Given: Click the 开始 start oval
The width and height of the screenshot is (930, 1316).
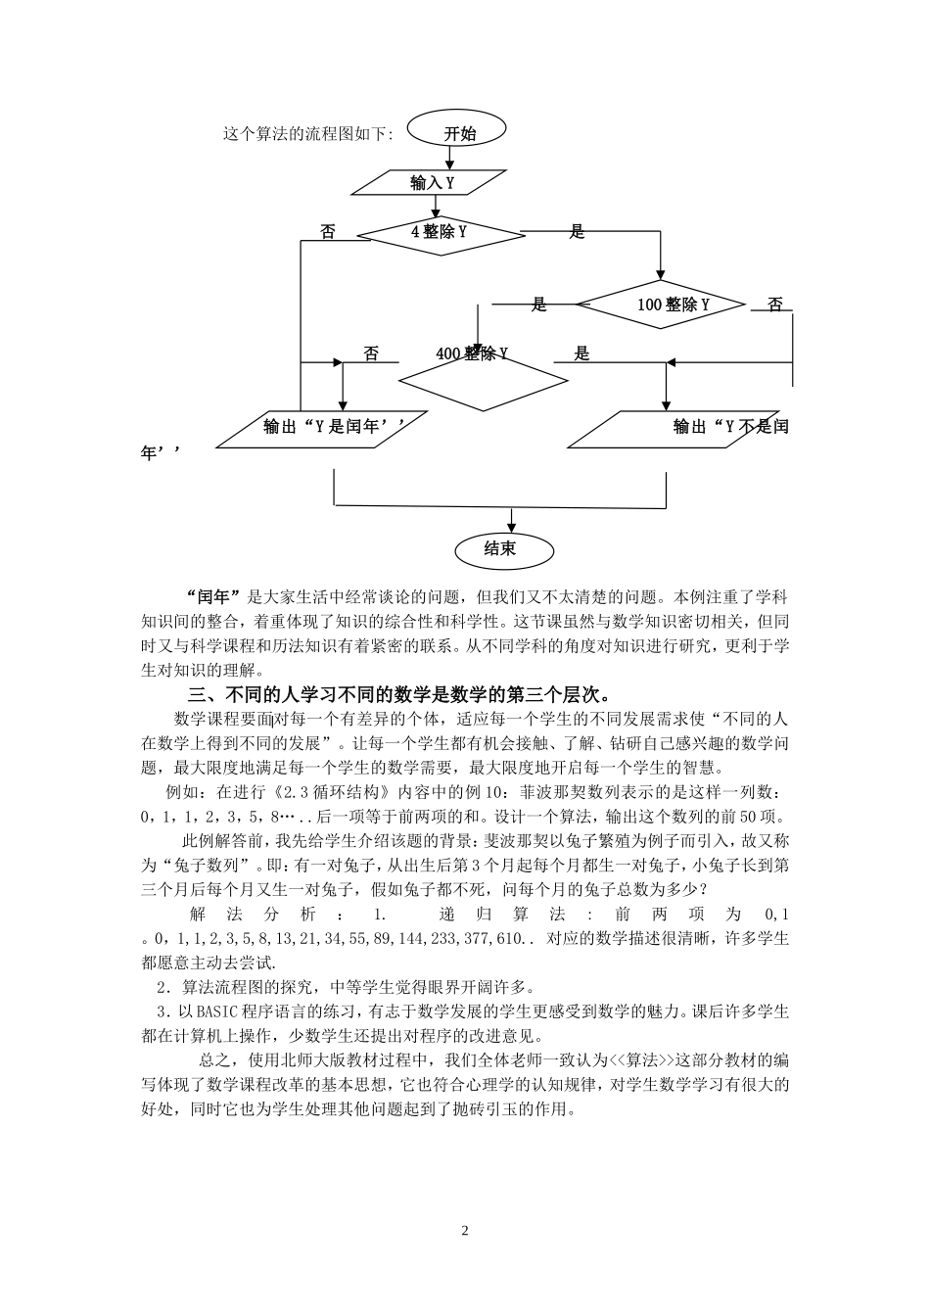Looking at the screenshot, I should click(458, 133).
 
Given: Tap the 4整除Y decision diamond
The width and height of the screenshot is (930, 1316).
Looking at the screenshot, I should click(440, 233).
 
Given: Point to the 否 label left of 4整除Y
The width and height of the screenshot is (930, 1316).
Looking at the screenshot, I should click(328, 232).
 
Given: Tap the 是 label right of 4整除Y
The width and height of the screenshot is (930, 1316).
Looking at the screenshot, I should click(577, 232).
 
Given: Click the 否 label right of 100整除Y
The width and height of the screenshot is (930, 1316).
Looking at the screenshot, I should click(775, 305).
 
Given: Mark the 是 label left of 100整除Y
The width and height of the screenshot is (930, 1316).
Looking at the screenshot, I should click(538, 305).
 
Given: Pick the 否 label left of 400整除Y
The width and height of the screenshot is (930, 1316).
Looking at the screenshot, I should click(371, 354).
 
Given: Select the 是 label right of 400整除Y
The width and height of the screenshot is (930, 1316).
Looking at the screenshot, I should click(582, 354).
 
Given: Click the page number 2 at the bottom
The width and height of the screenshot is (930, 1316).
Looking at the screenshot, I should click(465, 1231).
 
